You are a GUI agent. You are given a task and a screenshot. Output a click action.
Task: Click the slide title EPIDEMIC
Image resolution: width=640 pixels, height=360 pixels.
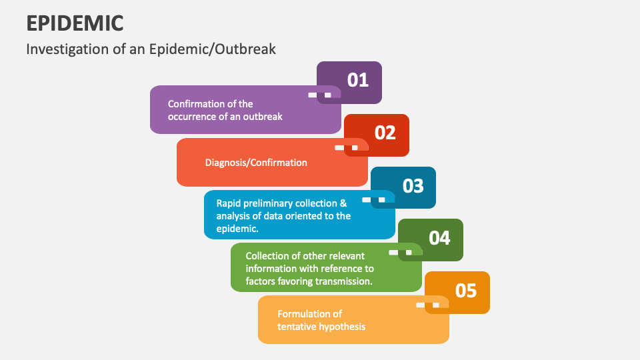point(75,23)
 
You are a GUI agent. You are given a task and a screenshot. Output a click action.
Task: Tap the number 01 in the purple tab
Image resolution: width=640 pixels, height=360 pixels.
point(358,81)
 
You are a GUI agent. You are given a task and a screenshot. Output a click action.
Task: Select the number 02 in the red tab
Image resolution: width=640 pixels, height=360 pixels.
point(385,133)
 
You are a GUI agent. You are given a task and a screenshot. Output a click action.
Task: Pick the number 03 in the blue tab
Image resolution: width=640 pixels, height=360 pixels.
point(413,185)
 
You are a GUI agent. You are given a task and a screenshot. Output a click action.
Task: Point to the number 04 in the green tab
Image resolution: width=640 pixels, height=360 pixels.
point(440,238)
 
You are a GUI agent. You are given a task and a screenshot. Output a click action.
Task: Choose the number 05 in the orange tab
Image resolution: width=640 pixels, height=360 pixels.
point(467,291)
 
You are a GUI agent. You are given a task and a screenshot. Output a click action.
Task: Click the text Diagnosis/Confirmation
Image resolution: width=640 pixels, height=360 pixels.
point(256,163)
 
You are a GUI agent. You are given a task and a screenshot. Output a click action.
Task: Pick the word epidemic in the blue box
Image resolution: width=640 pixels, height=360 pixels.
point(237,229)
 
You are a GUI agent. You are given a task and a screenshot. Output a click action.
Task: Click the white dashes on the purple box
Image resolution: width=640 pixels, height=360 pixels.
point(319,95)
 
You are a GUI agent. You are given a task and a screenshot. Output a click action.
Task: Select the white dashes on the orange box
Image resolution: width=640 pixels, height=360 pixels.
point(427,305)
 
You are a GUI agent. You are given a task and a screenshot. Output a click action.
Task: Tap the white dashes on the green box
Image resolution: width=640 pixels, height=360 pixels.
point(400,253)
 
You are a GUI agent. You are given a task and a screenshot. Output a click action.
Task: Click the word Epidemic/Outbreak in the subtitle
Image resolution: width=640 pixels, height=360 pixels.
point(219,49)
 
